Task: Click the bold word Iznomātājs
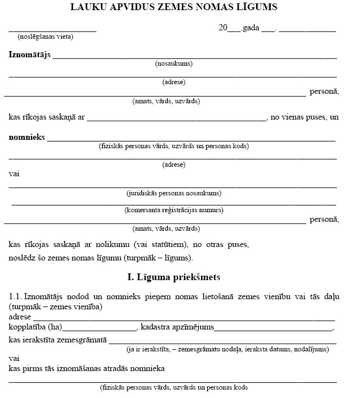pyautogui.click(x=30, y=55)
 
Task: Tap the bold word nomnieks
pyautogui.click(x=26, y=138)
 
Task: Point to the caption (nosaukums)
pyautogui.click(x=174, y=64)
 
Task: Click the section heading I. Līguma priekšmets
pyautogui.click(x=174, y=277)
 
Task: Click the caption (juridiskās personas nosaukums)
pyautogui.click(x=174, y=193)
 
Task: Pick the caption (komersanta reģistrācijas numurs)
pyautogui.click(x=174, y=211)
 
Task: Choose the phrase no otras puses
pyautogui.click(x=221, y=245)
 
